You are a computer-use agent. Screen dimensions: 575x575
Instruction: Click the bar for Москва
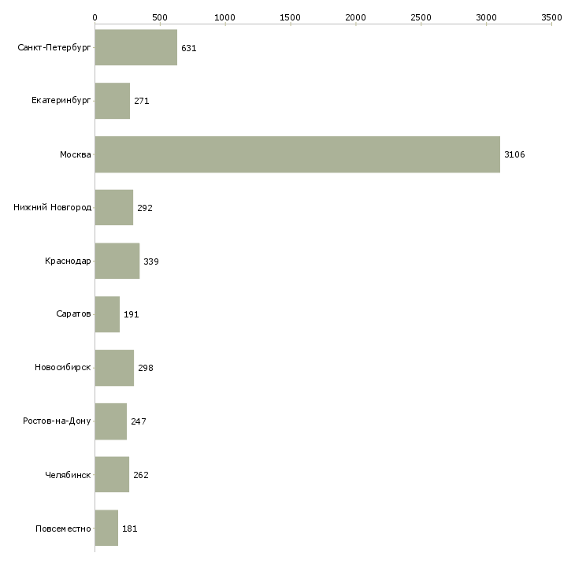coord(297,154)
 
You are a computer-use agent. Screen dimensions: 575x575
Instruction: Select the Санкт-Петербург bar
coord(135,48)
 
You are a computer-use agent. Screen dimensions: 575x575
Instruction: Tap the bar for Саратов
coord(107,314)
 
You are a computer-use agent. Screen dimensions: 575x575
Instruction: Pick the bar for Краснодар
coord(117,261)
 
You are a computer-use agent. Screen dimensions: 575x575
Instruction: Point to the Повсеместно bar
coord(106,528)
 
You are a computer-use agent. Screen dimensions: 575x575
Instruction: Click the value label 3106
coord(514,154)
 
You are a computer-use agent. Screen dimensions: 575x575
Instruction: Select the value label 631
coord(188,48)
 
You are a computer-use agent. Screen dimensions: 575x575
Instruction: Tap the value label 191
coord(131,314)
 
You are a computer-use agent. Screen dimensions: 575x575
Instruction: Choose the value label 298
coord(145,368)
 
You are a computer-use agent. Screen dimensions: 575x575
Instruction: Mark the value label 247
coord(138,421)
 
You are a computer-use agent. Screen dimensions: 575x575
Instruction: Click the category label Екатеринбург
coord(61,102)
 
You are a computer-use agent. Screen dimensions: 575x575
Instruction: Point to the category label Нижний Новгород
coord(53,208)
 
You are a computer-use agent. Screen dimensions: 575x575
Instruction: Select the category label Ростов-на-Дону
coord(57,421)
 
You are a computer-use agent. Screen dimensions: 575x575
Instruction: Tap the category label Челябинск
coord(68,475)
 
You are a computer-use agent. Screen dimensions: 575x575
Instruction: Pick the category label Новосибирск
coord(63,368)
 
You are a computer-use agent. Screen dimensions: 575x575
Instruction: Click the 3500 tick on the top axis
coord(551,17)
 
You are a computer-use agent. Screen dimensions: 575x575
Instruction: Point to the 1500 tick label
coord(291,17)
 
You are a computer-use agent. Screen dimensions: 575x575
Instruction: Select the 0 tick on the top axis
coord(95,17)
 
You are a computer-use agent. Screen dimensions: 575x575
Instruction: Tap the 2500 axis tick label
coord(421,17)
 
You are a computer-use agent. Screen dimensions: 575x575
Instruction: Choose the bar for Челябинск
coord(112,475)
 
